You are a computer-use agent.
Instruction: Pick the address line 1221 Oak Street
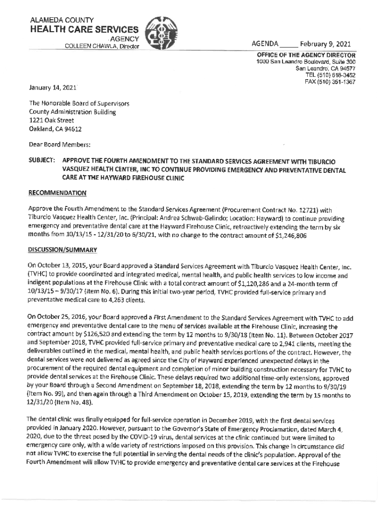coord(51,120)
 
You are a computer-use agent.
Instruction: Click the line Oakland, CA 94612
coord(55,129)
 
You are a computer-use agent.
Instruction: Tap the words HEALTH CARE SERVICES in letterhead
coord(85,29)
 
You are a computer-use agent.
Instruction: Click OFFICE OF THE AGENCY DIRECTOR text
coord(306,55)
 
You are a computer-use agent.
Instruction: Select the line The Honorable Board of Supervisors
coord(79,104)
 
